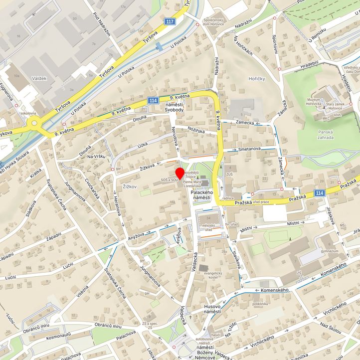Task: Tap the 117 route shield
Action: (171, 21)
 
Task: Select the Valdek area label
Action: (25, 78)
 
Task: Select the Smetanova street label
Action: (249, 149)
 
